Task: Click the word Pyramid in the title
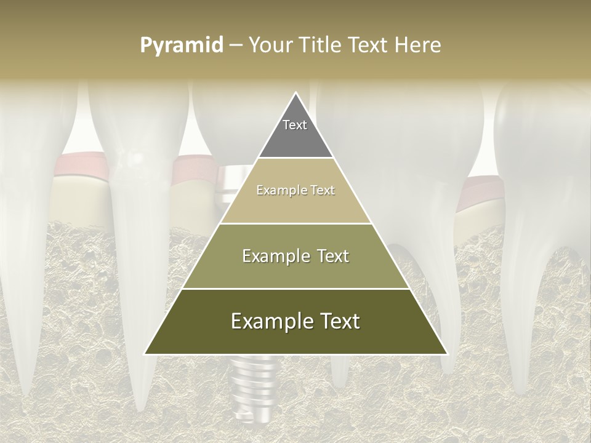182,46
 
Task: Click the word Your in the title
269,46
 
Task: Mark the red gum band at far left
77,166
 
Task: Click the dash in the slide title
236,46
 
